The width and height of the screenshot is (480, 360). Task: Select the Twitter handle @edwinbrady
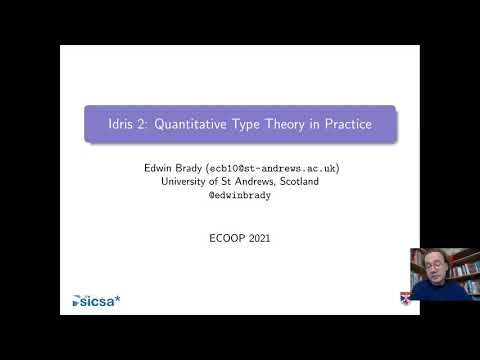pos(239,195)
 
